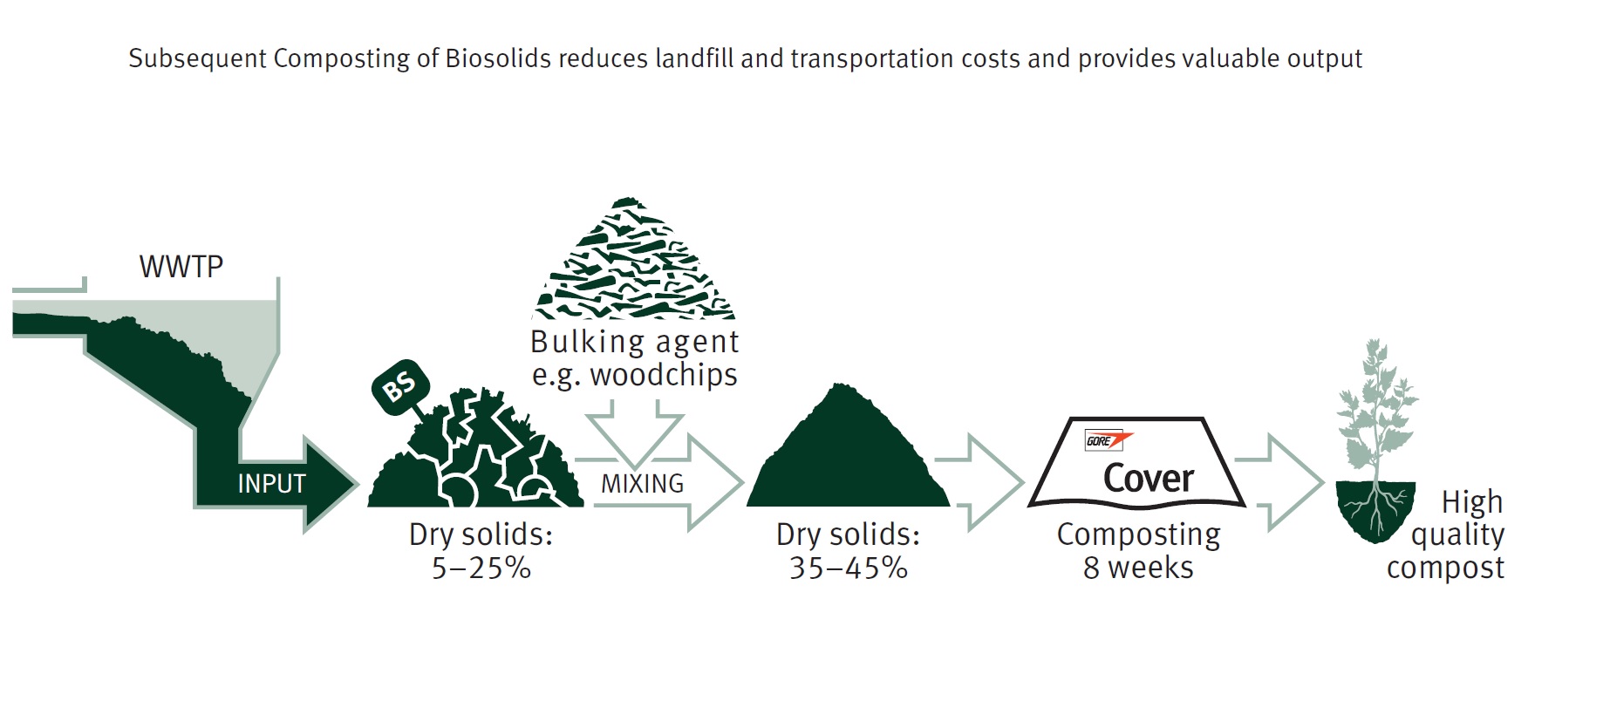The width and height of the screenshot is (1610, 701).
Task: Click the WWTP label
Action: click(x=181, y=266)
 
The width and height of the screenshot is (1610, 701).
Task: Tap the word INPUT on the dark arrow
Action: click(x=271, y=484)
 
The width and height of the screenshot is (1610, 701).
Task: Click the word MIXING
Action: click(x=643, y=484)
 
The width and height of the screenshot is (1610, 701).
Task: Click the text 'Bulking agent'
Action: click(x=634, y=343)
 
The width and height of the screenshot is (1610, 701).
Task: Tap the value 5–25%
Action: click(x=481, y=568)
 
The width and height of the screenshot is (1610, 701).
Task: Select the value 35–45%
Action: click(x=849, y=568)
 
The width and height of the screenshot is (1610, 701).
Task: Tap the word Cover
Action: click(x=1149, y=479)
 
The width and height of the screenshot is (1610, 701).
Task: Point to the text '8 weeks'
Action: click(x=1138, y=568)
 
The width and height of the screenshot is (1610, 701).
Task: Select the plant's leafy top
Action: click(x=1376, y=405)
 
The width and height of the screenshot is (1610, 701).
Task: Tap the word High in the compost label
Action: click(x=1472, y=503)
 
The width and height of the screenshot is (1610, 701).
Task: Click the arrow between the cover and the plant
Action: click(x=1280, y=483)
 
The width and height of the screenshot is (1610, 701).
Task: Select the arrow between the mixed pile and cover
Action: click(x=979, y=483)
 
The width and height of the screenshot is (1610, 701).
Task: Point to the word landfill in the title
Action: click(x=695, y=58)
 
